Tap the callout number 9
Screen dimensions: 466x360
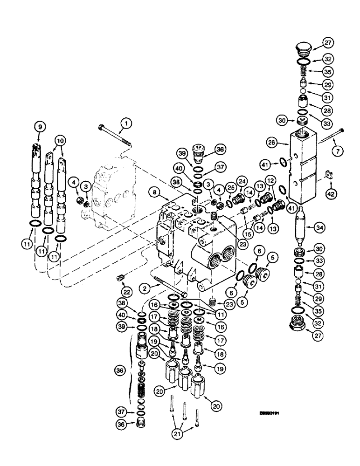coord(39,126)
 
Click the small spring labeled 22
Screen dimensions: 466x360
coord(120,279)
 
